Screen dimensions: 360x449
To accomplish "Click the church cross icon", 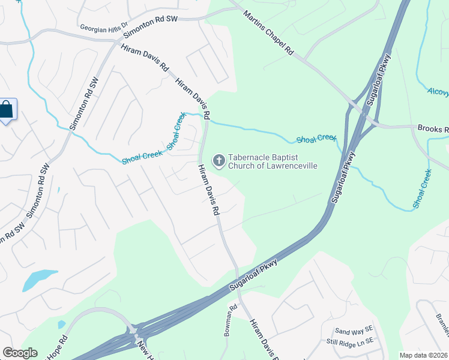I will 219,160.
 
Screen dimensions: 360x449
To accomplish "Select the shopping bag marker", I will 7,110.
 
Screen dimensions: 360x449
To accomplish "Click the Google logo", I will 20,353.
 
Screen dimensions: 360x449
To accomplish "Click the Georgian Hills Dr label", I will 104,27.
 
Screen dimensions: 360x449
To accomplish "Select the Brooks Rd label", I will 433,129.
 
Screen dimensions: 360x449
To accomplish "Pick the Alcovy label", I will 438,92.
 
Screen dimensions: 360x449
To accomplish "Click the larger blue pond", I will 40,280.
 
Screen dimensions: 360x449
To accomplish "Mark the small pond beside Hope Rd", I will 61,325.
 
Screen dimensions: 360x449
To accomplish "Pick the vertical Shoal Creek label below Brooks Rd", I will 421,189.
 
